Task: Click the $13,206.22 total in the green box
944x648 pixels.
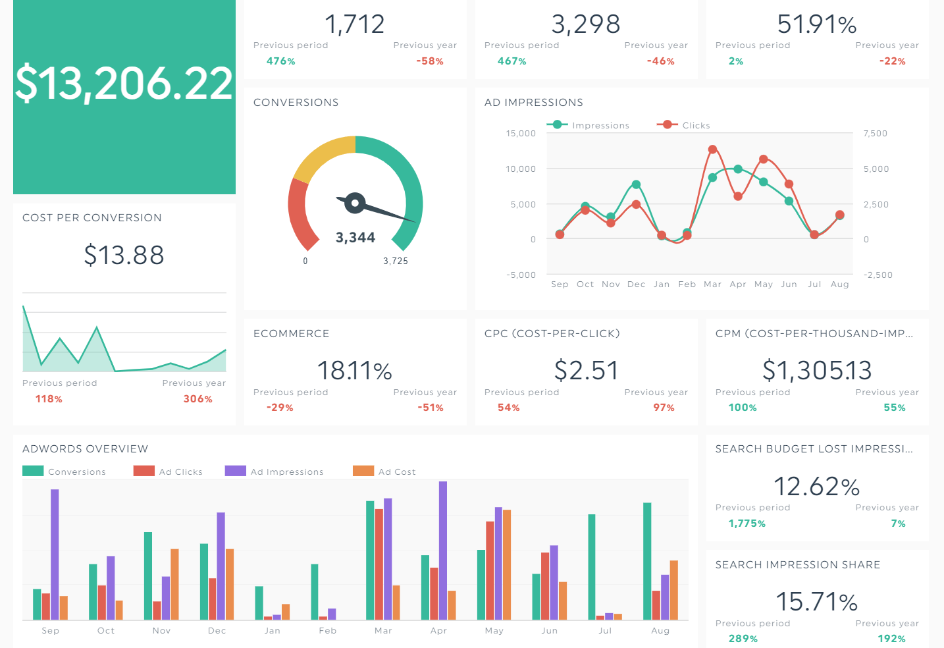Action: (x=124, y=83)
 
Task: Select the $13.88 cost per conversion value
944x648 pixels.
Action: (x=124, y=255)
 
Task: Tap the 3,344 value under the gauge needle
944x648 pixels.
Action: (x=355, y=238)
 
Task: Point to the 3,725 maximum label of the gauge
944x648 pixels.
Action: (x=396, y=261)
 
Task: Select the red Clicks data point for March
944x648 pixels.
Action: (x=712, y=149)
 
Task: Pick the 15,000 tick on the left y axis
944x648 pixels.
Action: (x=521, y=134)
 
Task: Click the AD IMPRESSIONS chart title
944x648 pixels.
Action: (x=533, y=103)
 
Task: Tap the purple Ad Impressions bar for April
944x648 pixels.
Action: (x=443, y=550)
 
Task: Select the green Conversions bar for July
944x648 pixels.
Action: (x=591, y=566)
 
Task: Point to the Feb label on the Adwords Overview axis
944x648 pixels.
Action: (x=327, y=631)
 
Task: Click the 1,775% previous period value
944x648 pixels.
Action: (x=747, y=524)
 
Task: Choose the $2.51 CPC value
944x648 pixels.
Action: (x=586, y=370)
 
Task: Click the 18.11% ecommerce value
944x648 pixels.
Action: (x=354, y=370)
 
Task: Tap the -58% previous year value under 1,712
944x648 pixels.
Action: (x=430, y=61)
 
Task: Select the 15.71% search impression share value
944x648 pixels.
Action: (x=816, y=601)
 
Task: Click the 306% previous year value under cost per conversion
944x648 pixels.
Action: (x=197, y=399)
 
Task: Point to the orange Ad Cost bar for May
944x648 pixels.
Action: (x=507, y=564)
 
